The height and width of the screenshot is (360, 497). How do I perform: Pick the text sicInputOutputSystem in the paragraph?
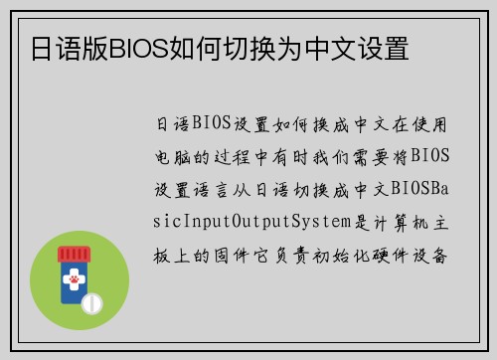(x=261, y=219)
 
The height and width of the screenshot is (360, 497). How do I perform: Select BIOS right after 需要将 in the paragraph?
(x=431, y=155)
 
